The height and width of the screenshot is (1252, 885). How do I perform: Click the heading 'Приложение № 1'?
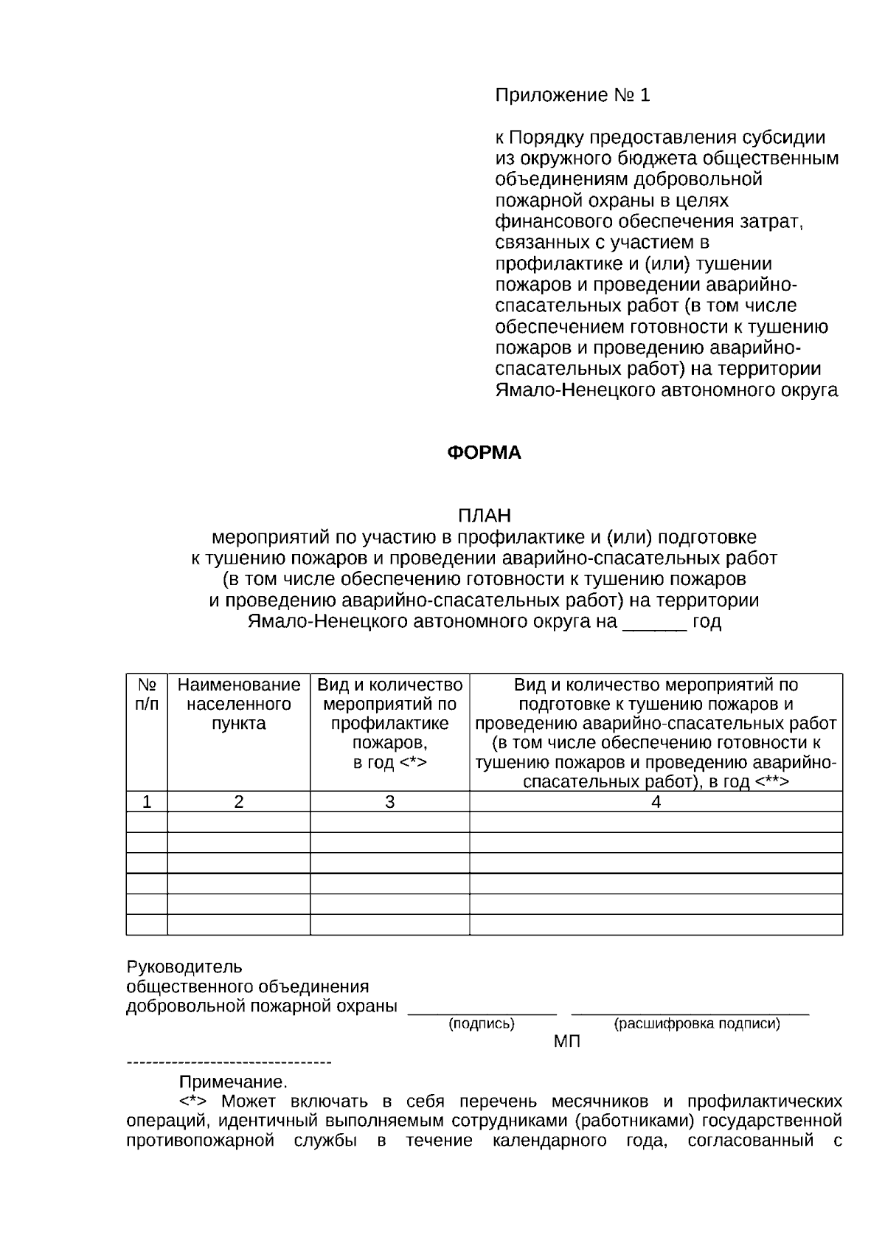572,95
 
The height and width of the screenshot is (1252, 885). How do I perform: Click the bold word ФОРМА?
484,452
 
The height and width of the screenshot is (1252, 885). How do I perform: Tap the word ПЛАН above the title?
484,515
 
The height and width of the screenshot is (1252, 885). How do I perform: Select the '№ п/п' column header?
147,694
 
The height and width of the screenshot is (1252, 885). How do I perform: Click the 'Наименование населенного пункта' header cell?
238,704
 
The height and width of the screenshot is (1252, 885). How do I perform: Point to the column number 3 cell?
389,802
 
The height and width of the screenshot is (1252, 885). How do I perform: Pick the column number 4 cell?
656,802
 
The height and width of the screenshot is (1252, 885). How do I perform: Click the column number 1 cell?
147,802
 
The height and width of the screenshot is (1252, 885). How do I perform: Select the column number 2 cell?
238,802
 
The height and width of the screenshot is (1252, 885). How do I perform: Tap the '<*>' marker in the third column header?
412,762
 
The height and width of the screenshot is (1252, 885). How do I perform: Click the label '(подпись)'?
482,1024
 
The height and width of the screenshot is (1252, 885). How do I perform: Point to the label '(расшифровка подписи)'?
696,1024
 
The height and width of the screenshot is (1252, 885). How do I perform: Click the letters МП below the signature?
566,1042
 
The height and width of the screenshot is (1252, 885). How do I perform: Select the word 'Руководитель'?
184,966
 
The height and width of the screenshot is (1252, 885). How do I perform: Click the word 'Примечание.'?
233,1082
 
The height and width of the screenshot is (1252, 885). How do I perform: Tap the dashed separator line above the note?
229,1062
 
